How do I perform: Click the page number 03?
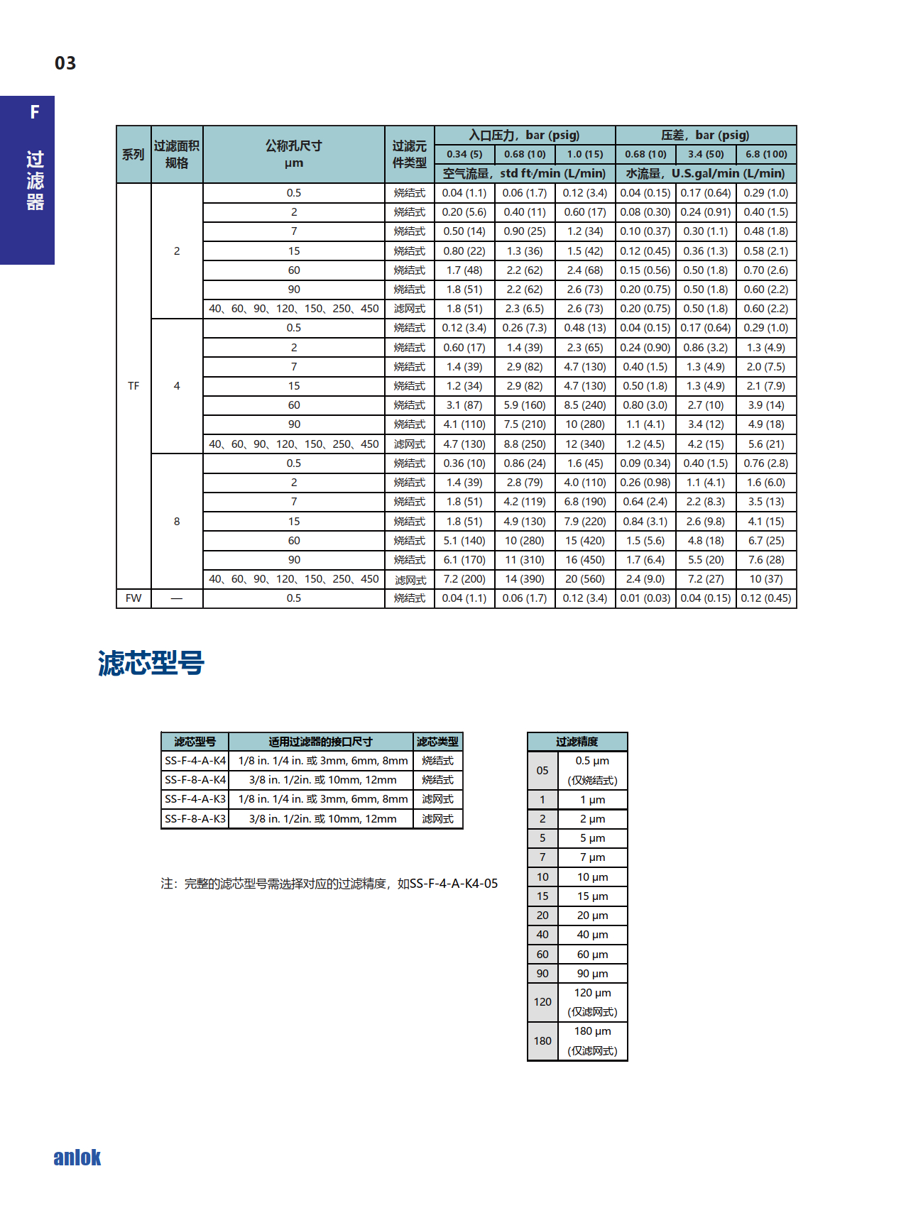[65, 63]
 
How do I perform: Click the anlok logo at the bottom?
[77, 1158]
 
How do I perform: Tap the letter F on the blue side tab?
[34, 112]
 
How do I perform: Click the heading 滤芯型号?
[151, 663]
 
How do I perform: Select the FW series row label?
[133, 598]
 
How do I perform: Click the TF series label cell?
[133, 386]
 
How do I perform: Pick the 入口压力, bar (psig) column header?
[524, 135]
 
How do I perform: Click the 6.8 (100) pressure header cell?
[765, 154]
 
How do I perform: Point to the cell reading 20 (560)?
[584, 579]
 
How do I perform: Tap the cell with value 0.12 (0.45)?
[765, 598]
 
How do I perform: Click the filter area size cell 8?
[177, 522]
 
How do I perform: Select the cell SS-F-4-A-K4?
[195, 761]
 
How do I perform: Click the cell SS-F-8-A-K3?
[195, 819]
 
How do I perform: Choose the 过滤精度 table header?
[577, 742]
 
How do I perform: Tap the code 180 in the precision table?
[542, 1041]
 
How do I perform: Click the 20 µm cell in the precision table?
[592, 916]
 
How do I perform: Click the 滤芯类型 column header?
[437, 742]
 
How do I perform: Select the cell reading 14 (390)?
[524, 579]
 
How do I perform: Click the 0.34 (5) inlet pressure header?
[464, 154]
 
